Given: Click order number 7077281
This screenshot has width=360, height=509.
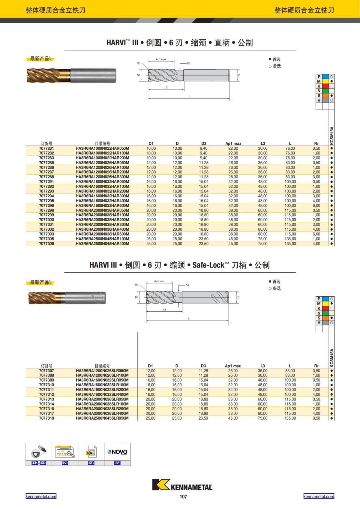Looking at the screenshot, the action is click(x=46, y=148).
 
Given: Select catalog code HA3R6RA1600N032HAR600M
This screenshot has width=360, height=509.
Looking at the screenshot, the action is click(x=102, y=205).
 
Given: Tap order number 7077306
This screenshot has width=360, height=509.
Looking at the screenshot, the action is click(x=46, y=244).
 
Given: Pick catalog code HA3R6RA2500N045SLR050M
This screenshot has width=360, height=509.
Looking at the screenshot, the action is click(x=102, y=418).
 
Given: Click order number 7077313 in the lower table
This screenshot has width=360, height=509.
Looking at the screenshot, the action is click(x=46, y=399).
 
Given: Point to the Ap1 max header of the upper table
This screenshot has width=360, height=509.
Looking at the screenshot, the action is click(x=233, y=143).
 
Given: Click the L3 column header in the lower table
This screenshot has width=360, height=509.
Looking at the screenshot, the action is click(x=262, y=366).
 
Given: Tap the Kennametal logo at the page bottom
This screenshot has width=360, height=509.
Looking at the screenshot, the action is click(x=182, y=485).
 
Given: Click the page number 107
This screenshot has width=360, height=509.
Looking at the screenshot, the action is click(x=183, y=497).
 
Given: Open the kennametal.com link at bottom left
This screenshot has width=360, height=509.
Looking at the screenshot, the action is click(x=41, y=496).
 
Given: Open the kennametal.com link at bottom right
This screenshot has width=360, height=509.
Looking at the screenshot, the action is click(x=319, y=496).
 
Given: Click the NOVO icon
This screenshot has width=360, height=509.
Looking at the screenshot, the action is click(x=117, y=452).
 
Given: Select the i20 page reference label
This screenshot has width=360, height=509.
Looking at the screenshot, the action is click(x=65, y=463).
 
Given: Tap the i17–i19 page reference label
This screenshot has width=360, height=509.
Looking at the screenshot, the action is click(x=39, y=463).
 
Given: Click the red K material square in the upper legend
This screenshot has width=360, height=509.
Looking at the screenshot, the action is click(x=325, y=86).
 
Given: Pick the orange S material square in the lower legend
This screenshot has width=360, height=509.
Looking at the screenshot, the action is click(x=325, y=318).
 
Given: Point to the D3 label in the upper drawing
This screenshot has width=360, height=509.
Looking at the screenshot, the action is click(x=189, y=63).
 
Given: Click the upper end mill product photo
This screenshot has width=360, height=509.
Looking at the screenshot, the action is click(x=71, y=76).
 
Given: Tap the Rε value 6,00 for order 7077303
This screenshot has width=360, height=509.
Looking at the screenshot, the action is click(x=316, y=234).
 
